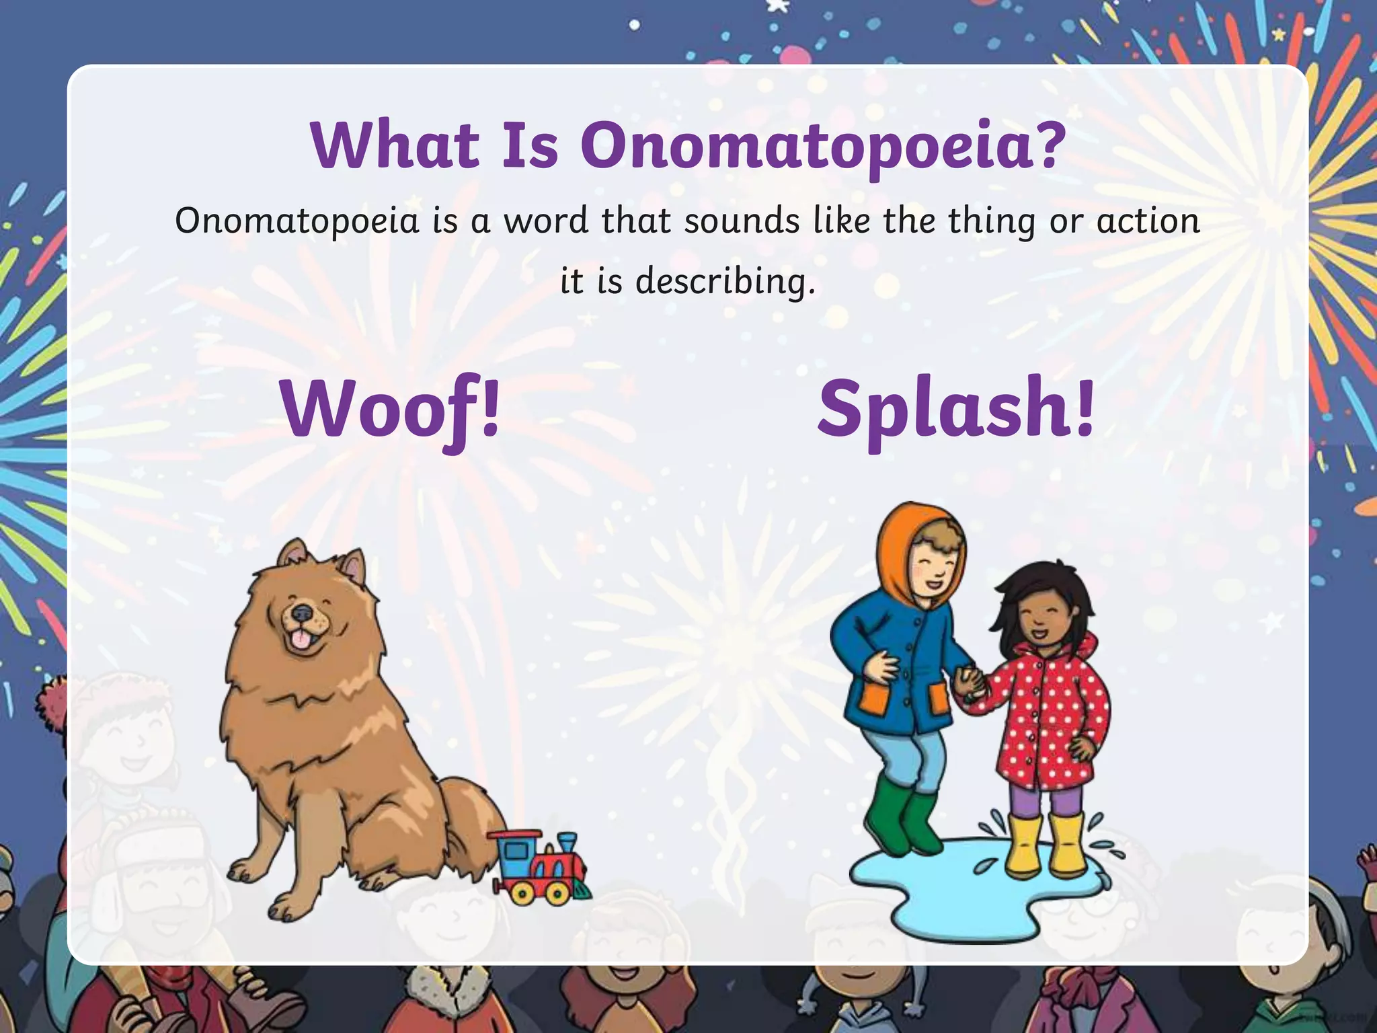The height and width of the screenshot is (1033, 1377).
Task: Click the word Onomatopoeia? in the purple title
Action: tap(823, 147)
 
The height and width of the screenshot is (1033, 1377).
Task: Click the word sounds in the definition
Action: tap(742, 221)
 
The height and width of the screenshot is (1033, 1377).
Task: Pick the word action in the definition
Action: tap(1148, 221)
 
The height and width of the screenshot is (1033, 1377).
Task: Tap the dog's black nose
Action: tap(302, 613)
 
